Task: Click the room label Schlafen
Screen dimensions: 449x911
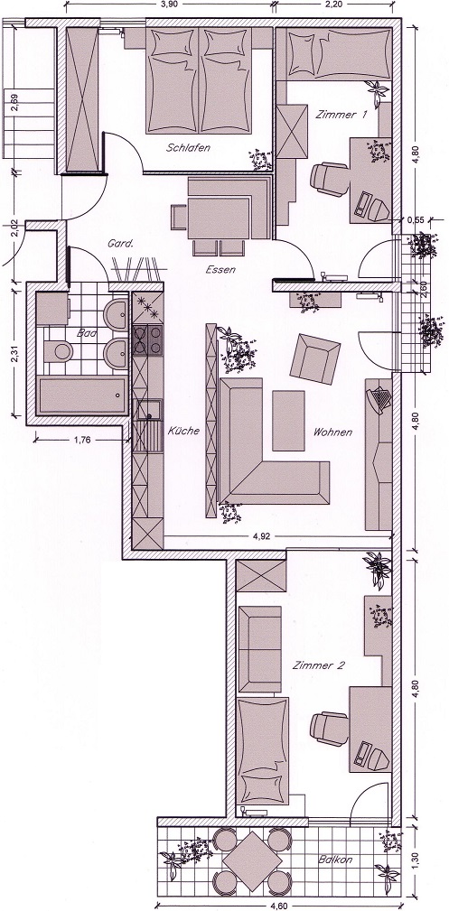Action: coord(188,147)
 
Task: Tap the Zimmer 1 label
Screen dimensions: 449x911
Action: coord(341,115)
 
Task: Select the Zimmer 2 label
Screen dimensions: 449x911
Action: coord(319,665)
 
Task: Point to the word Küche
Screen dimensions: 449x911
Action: coord(183,431)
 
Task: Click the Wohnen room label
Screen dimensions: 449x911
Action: coord(332,432)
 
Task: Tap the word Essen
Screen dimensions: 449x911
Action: coord(220,270)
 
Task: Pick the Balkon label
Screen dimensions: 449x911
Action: coord(335,860)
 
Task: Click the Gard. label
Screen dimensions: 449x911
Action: coord(121,244)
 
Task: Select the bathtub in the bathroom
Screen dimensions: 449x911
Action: coord(81,395)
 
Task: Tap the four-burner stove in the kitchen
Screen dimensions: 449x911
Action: coord(148,339)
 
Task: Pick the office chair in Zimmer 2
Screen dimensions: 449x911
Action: coord(329,727)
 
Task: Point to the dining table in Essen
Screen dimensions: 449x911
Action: coord(218,218)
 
